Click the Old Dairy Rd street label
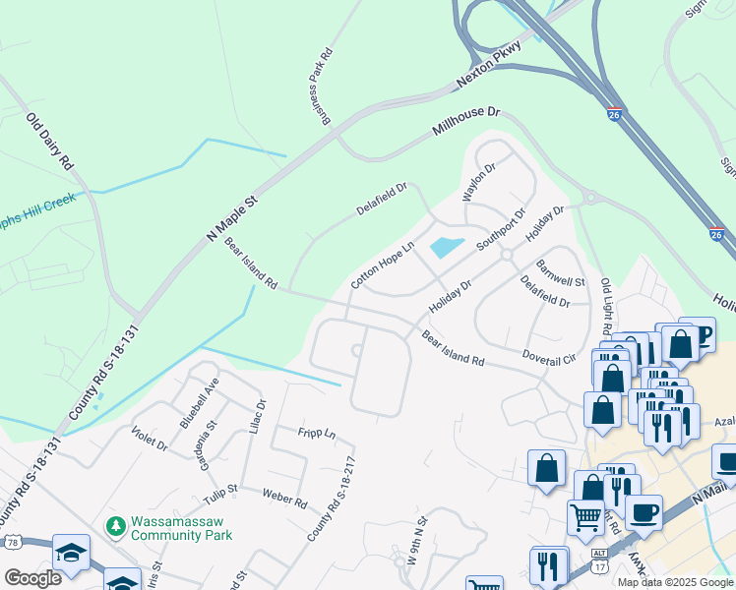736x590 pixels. (x=50, y=142)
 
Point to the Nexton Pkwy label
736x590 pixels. (x=488, y=74)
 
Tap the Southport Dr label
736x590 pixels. (x=502, y=228)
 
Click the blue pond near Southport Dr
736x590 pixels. (x=446, y=247)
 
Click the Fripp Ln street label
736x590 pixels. (x=318, y=433)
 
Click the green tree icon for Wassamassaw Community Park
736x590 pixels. (x=116, y=526)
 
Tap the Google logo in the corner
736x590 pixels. (x=32, y=577)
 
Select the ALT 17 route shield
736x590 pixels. (x=598, y=556)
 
